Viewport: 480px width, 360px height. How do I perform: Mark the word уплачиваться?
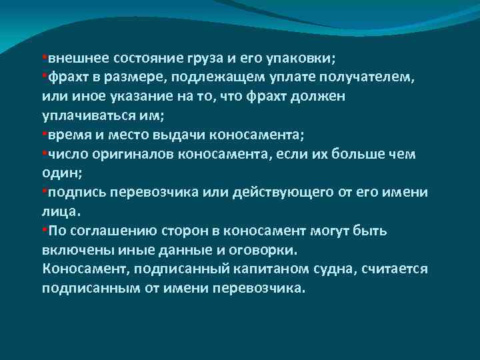(84, 115)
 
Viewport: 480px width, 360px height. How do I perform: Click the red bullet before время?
(44, 134)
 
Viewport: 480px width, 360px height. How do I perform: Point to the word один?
(58, 173)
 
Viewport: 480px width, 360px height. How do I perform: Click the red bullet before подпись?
(44, 192)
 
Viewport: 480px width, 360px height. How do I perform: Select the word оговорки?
(265, 251)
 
